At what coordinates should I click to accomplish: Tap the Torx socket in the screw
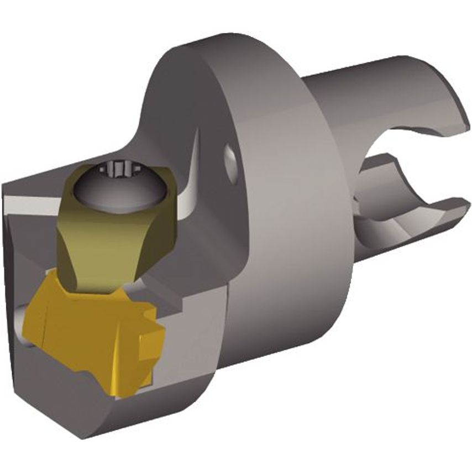pyautogui.click(x=120, y=166)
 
